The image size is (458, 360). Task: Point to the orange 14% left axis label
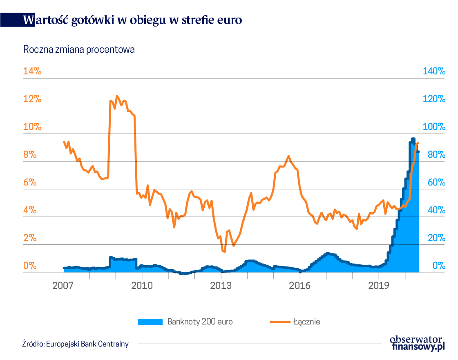[x=33, y=71]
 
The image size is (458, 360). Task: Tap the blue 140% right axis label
[x=433, y=71]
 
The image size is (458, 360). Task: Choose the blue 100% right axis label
[x=433, y=127]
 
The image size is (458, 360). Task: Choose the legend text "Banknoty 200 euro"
[x=200, y=322]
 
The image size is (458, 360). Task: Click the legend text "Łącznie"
[x=306, y=322]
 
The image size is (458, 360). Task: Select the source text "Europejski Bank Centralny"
[x=87, y=344]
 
